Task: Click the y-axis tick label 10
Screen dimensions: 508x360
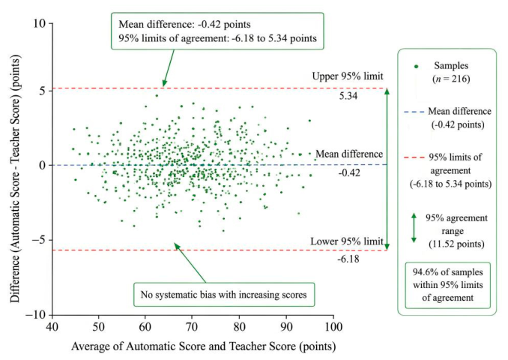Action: (x=40, y=23)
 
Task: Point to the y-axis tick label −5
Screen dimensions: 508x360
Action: (x=39, y=240)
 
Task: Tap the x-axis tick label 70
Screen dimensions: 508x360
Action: (x=192, y=326)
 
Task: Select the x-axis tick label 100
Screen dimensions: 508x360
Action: (x=333, y=326)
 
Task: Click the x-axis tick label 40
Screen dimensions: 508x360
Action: (x=52, y=326)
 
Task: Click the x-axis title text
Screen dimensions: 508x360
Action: (x=204, y=346)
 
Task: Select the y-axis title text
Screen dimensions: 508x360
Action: (x=15, y=178)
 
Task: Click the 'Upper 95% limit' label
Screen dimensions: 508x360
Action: (x=348, y=76)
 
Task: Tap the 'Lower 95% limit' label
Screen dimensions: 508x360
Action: (x=347, y=241)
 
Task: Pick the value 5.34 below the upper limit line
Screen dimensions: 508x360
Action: (x=348, y=96)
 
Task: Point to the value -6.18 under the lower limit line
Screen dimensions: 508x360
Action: (x=348, y=259)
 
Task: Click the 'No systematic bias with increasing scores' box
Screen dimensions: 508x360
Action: (x=224, y=295)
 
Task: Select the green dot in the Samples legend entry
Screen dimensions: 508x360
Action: (x=417, y=67)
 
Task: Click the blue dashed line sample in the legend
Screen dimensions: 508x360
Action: (x=414, y=112)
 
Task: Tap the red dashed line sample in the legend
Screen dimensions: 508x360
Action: (x=414, y=157)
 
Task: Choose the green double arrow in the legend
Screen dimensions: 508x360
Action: (x=414, y=228)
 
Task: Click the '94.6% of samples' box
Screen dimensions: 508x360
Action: (x=448, y=286)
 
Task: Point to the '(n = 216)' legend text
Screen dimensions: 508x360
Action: (x=451, y=79)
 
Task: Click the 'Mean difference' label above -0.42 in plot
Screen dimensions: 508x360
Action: (x=349, y=154)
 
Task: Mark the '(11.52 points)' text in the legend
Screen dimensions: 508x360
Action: (x=456, y=244)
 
